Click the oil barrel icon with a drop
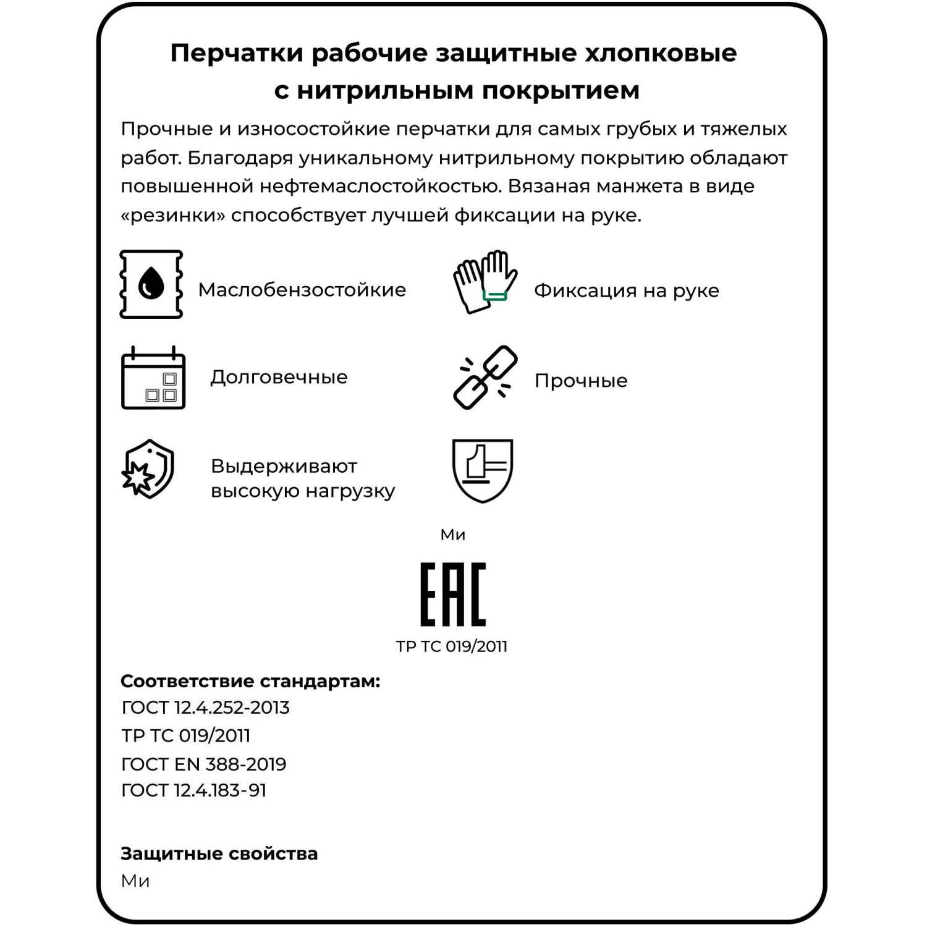[x=151, y=284]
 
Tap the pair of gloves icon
[x=485, y=282]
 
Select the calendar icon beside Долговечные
[x=153, y=378]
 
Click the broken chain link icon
[x=485, y=377]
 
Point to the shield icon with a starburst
[x=148, y=469]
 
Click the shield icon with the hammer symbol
[x=483, y=470]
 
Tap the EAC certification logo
[x=453, y=594]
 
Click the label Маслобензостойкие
[x=302, y=290]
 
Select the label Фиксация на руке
[x=626, y=290]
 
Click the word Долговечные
[x=279, y=377]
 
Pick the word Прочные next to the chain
[x=581, y=381]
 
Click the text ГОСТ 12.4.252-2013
[x=206, y=708]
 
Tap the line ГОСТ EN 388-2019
[x=204, y=764]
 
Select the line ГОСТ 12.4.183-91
[x=194, y=790]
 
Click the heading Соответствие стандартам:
[x=250, y=681]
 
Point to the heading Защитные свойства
[x=219, y=853]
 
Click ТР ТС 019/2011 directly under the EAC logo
[x=452, y=646]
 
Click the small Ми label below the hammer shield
[x=453, y=535]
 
